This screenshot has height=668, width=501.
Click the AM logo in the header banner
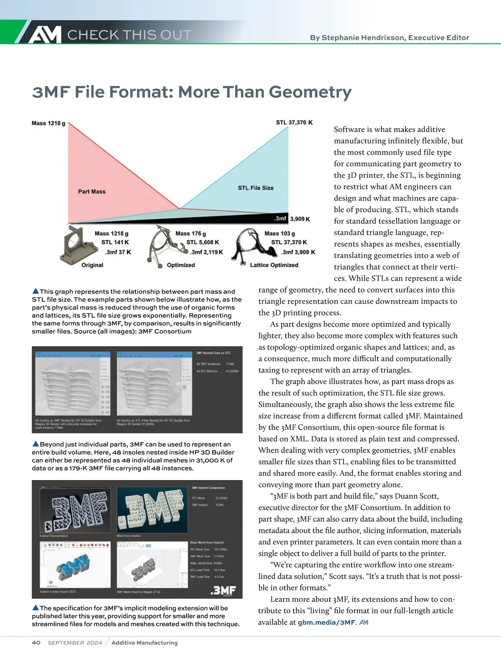point(45,34)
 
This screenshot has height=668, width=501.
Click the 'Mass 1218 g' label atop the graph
point(48,123)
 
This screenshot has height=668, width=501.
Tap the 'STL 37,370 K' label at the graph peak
point(294,122)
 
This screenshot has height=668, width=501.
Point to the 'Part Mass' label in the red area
point(92,192)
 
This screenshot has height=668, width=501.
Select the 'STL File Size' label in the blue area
point(256,188)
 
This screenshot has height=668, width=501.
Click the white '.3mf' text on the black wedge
point(280,219)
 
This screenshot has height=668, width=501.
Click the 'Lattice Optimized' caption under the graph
point(274,265)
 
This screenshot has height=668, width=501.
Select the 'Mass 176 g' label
point(190,233)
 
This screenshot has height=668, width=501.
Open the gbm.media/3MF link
point(326,622)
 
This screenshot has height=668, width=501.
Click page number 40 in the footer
point(36,643)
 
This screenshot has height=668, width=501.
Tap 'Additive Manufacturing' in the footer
point(144,643)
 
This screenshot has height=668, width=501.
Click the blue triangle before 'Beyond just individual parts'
point(35,444)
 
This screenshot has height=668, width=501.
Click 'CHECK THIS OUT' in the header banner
point(129,35)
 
